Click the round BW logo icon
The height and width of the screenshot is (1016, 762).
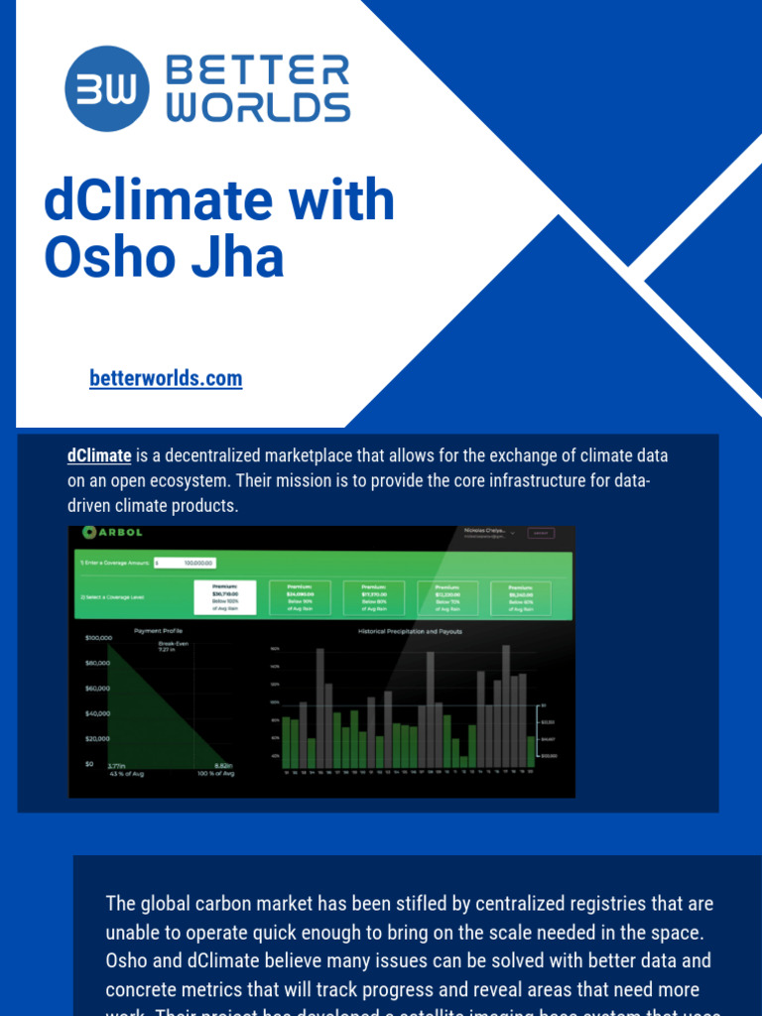[107, 89]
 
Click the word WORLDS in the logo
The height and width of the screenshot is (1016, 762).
[257, 107]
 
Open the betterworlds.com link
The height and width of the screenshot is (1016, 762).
[166, 378]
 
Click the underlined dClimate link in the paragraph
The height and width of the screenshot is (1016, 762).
[99, 456]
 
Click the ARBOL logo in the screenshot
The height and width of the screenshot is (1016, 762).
[104, 533]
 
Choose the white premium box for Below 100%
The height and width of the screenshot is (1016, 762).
[225, 596]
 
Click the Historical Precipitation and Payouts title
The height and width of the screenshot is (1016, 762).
[410, 631]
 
